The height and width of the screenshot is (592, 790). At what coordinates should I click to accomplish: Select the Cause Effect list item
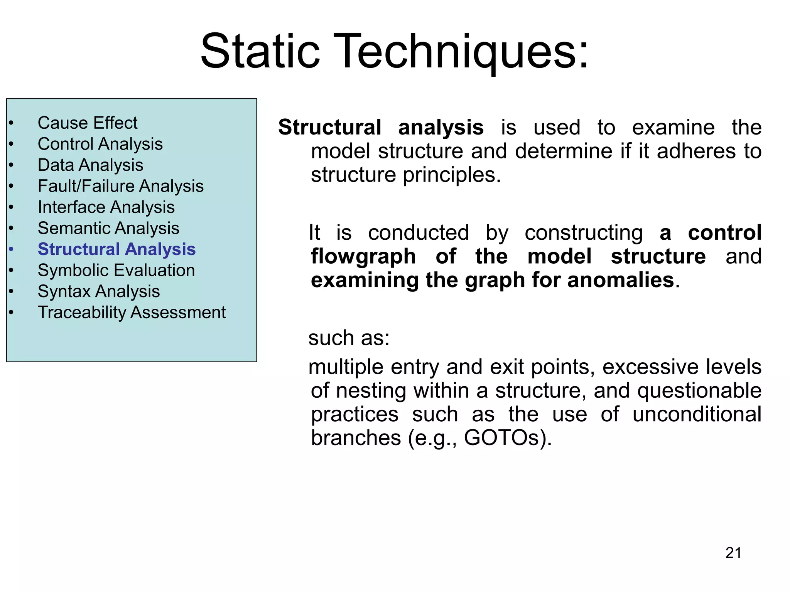coord(88,123)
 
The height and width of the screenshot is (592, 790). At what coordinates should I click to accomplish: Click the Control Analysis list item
coord(100,144)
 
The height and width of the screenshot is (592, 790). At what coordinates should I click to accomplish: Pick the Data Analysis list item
coord(90,165)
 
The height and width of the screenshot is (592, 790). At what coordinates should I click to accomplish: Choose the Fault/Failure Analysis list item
coord(120,186)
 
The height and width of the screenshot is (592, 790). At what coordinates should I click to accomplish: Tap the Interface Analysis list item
coord(106,207)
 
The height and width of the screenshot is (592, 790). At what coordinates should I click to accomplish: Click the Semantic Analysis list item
coord(108,228)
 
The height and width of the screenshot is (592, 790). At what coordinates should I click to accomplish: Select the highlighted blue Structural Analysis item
coord(116,249)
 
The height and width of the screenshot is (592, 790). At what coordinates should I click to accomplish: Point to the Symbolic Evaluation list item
coord(116,270)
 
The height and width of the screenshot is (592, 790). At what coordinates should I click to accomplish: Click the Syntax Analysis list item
coord(99,291)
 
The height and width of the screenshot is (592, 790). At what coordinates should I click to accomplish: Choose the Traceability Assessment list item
coord(132,312)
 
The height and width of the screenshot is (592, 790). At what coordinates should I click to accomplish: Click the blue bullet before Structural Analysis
coord(11,249)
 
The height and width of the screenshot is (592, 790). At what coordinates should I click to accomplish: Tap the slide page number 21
coord(733,553)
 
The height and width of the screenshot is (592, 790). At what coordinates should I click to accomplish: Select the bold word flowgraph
coord(363,256)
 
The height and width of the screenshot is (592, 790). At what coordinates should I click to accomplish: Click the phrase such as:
coord(349,338)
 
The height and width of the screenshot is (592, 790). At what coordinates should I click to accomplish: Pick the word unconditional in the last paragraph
coord(697,414)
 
